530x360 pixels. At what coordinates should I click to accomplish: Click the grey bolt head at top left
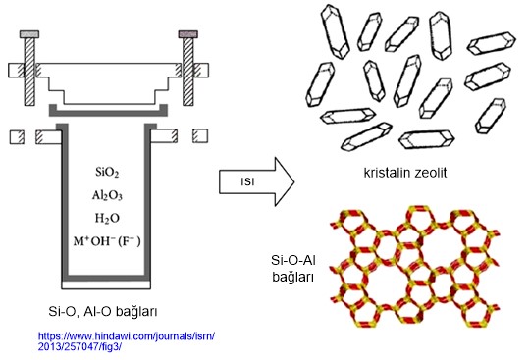30,35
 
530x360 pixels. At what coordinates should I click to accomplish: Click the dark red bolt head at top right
188,35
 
